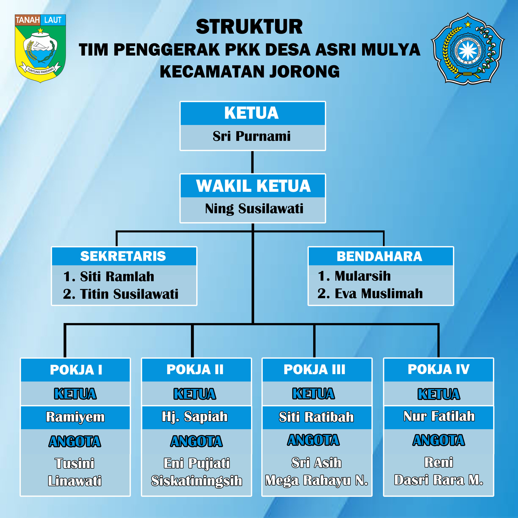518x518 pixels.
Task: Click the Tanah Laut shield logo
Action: tap(40, 48)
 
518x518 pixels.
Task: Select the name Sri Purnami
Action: tap(251, 136)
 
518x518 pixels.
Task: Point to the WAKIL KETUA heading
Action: tap(253, 186)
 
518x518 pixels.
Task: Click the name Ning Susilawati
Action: tap(254, 209)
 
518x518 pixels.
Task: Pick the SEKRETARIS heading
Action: tap(123, 256)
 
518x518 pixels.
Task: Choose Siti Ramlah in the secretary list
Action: tap(117, 276)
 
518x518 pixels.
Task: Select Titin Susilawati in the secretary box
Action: tap(129, 294)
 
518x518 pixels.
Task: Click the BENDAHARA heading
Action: tap(379, 256)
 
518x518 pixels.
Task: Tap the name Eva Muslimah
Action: tap(379, 293)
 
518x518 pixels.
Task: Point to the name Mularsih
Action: tap(363, 276)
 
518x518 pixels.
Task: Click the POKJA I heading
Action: tap(76, 370)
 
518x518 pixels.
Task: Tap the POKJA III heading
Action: tap(314, 369)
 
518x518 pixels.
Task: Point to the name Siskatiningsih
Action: tap(197, 481)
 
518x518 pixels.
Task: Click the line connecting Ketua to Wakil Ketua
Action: tap(252, 162)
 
